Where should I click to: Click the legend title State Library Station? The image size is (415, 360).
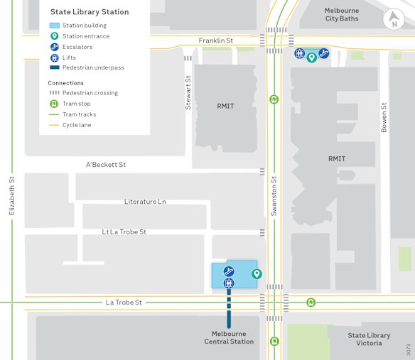(90, 12)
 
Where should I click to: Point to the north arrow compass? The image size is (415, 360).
(391, 20)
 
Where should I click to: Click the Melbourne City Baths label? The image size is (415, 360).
(342, 15)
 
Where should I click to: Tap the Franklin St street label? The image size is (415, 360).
(216, 40)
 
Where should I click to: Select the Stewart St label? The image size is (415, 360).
(188, 92)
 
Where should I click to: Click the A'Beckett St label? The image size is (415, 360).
(106, 165)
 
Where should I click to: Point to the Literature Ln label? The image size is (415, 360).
(145, 202)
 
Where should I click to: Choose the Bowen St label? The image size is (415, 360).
(384, 118)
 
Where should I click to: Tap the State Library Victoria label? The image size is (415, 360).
(369, 339)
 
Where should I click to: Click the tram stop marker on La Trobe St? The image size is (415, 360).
(311, 302)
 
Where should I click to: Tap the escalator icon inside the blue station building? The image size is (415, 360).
(229, 271)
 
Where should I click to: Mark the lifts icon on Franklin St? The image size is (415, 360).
(299, 53)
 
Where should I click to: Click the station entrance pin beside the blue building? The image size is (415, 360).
(257, 274)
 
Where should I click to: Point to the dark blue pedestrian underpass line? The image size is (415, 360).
(229, 310)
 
